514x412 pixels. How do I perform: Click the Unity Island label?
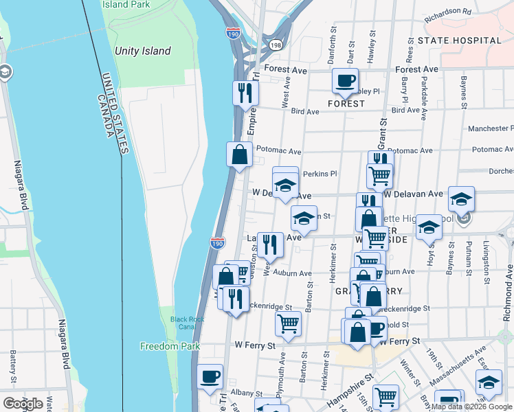(143, 51)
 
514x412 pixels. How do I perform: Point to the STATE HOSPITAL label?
(460, 41)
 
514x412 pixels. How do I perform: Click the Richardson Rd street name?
(448, 12)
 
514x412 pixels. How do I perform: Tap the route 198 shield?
(276, 45)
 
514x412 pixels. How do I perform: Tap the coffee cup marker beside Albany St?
(210, 376)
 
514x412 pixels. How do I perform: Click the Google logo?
(23, 404)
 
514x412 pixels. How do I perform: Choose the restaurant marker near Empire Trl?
(245, 93)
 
